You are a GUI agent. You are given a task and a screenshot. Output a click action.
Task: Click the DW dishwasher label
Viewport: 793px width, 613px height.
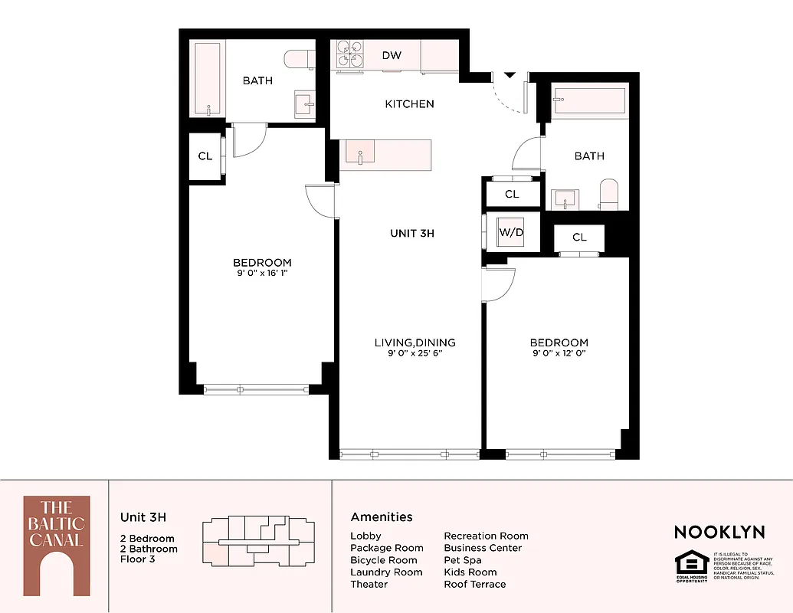pyautogui.click(x=392, y=55)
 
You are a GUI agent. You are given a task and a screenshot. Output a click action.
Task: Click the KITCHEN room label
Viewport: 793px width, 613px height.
pyautogui.click(x=409, y=103)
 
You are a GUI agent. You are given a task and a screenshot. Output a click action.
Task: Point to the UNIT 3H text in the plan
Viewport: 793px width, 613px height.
pyautogui.click(x=412, y=233)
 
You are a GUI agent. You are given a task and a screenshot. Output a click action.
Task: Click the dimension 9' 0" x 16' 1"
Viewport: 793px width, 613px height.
pyautogui.click(x=262, y=273)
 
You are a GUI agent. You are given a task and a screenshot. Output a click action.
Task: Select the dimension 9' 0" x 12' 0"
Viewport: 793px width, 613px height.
pyautogui.click(x=559, y=353)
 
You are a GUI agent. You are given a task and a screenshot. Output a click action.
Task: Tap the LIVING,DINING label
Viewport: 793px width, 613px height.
pyautogui.click(x=415, y=343)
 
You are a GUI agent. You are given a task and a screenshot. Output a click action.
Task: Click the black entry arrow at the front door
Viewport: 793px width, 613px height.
pyautogui.click(x=510, y=74)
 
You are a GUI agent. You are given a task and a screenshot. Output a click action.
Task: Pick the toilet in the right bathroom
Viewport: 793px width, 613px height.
pyautogui.click(x=609, y=195)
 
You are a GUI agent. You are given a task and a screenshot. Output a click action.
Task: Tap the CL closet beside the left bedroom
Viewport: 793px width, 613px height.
pyautogui.click(x=205, y=156)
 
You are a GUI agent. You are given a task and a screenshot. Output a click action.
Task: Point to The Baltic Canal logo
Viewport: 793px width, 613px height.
pyautogui.click(x=56, y=545)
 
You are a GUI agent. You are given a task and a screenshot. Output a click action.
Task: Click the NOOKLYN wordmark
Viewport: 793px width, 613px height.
pyautogui.click(x=719, y=532)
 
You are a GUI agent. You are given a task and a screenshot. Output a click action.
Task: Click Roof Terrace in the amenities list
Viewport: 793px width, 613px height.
pyautogui.click(x=474, y=584)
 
